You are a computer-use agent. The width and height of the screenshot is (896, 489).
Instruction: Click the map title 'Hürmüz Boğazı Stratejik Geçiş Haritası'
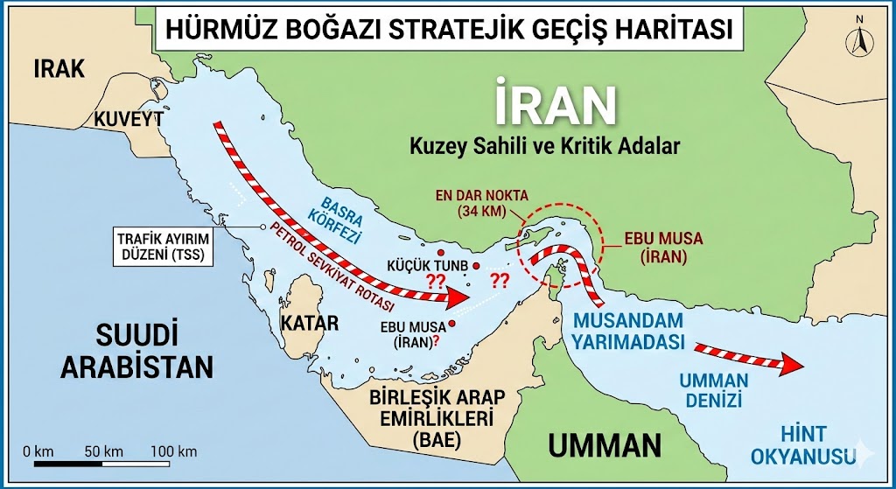[x=444, y=28]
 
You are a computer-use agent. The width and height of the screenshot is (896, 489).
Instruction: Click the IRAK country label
[x=59, y=69]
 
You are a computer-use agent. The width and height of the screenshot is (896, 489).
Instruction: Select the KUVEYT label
[x=129, y=119]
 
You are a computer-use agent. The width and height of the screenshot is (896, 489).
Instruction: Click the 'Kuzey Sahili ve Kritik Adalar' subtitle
[x=544, y=146]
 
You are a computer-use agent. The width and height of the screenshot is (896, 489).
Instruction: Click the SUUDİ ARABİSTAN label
[x=136, y=349]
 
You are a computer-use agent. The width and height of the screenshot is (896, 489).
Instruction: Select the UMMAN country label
[x=605, y=444]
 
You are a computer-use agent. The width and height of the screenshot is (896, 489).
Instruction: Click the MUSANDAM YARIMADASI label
[x=628, y=331]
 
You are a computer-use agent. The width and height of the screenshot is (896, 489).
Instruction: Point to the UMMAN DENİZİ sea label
[x=715, y=390]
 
